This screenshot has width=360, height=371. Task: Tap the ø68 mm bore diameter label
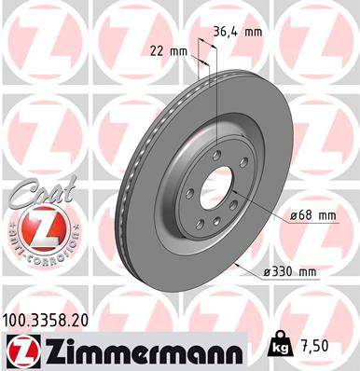click(312, 215)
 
